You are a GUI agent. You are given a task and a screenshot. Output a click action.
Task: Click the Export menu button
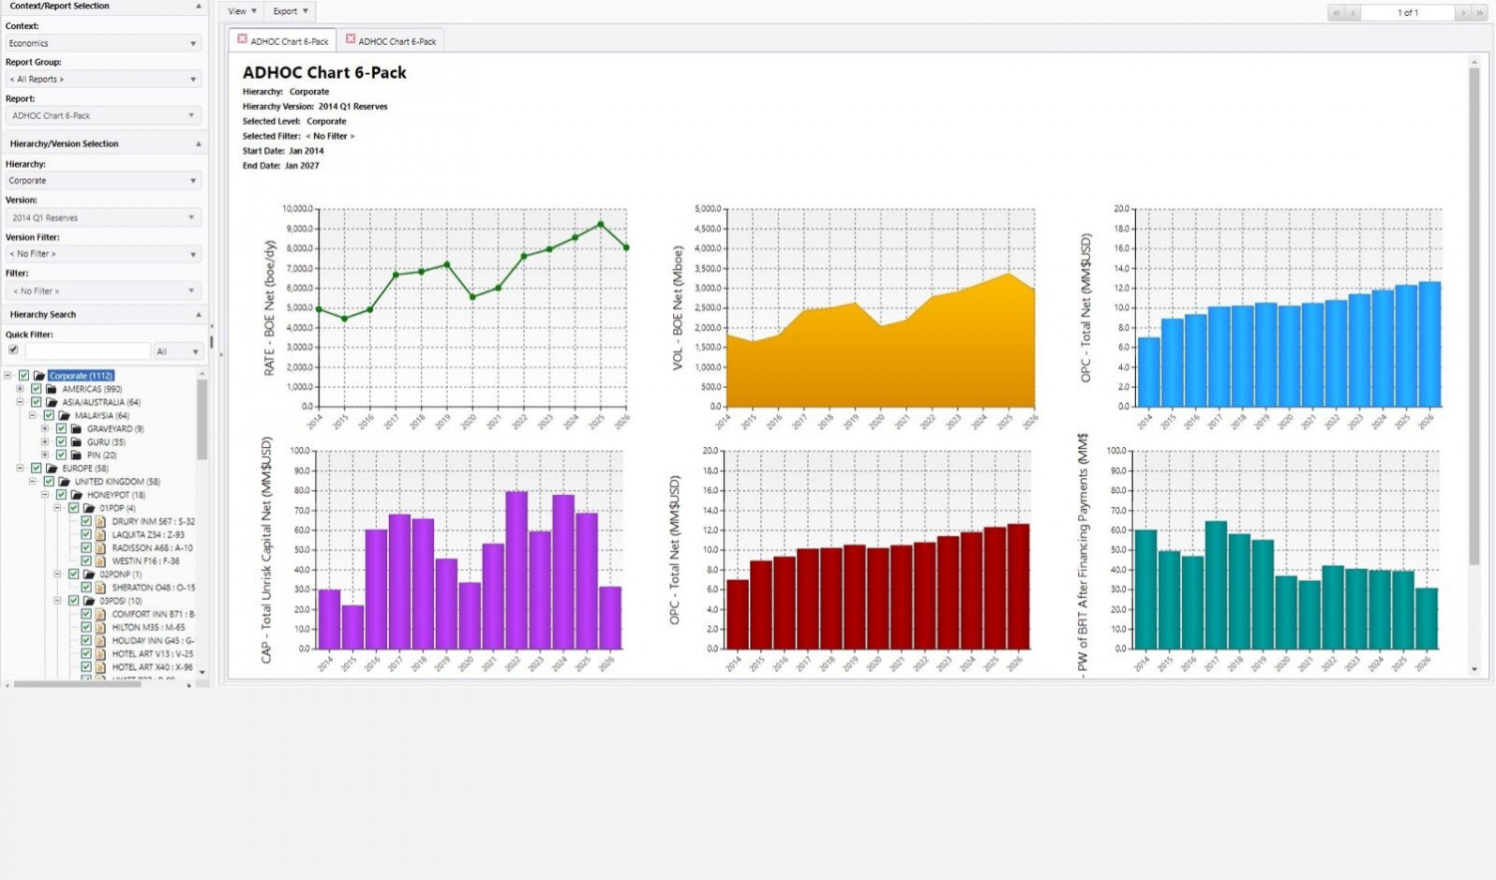click(x=290, y=11)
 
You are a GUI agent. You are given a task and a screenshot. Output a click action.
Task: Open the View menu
click(x=241, y=11)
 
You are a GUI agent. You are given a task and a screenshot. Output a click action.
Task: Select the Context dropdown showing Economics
click(x=103, y=43)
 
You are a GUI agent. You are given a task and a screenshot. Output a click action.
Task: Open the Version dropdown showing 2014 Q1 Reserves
click(x=103, y=218)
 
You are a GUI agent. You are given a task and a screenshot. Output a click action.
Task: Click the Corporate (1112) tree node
click(x=81, y=376)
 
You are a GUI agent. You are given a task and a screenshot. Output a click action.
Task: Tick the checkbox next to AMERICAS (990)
click(x=37, y=389)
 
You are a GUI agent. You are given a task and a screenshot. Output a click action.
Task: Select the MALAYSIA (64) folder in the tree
click(x=101, y=415)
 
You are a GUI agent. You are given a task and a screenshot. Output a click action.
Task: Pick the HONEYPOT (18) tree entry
click(x=115, y=495)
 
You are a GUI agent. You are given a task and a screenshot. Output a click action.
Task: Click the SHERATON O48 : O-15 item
click(x=153, y=588)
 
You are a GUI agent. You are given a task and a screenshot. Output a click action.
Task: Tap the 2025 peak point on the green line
click(x=600, y=224)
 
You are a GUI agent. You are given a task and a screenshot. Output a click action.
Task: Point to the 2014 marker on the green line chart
click(x=319, y=309)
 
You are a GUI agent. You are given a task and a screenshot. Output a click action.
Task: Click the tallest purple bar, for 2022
click(x=516, y=570)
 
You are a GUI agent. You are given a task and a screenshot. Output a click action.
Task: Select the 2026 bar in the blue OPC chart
click(x=1429, y=344)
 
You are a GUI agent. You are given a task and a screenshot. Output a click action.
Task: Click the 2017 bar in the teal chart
click(x=1216, y=585)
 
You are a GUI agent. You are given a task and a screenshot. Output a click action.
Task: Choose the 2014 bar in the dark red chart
click(x=737, y=614)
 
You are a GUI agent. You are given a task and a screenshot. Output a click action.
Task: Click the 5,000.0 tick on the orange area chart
click(x=707, y=210)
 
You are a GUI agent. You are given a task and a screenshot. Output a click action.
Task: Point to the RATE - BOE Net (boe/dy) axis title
click(x=269, y=307)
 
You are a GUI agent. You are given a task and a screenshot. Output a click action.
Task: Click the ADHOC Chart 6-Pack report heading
click(x=324, y=73)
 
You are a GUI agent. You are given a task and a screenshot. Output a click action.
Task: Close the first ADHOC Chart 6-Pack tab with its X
click(x=242, y=39)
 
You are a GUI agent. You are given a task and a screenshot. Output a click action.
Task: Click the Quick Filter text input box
click(x=88, y=351)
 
